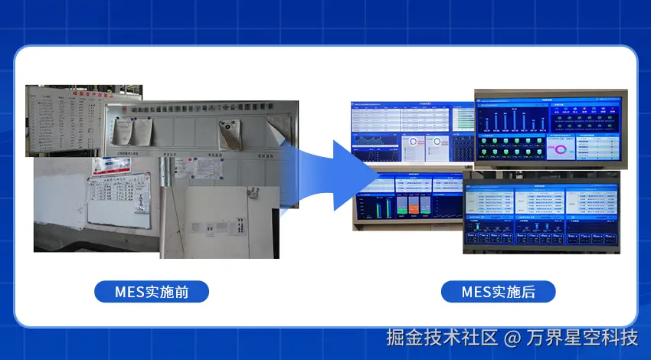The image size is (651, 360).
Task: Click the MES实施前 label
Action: [151, 292]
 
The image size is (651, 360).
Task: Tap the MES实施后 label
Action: [498, 292]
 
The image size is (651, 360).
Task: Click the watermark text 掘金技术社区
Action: [442, 338]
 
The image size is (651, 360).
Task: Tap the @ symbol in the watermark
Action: [513, 338]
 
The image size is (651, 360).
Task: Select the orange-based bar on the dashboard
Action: [414, 207]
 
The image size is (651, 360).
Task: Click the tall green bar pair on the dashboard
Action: [388, 208]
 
